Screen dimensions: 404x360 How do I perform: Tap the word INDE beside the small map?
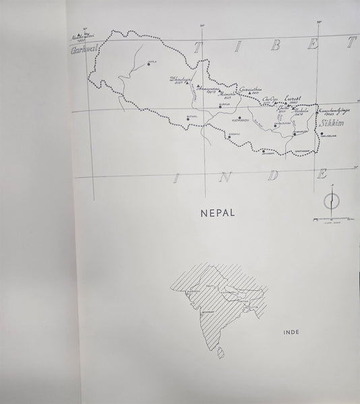click(294, 332)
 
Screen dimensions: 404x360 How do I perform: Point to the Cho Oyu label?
click(270, 100)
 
